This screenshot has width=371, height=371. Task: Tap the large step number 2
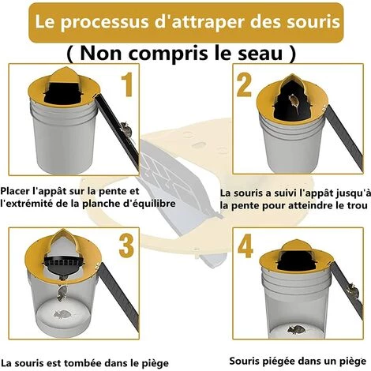(x=244, y=84)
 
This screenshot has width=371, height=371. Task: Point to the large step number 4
(x=245, y=246)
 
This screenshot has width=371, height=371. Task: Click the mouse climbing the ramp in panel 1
(x=126, y=129)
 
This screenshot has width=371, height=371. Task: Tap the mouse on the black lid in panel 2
(x=294, y=103)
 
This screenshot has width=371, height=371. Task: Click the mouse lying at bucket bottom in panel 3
(x=62, y=314)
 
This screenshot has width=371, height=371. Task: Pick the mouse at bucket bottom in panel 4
(x=296, y=329)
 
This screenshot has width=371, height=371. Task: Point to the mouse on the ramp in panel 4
(x=352, y=290)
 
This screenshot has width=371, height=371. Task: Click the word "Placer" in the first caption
(x=15, y=191)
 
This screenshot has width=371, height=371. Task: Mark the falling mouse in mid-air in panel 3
(x=62, y=293)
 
